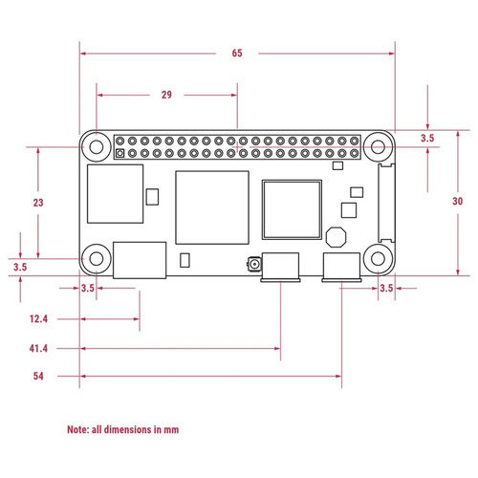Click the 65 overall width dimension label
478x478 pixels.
237,54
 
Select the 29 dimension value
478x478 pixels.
166,95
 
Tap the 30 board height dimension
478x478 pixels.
457,201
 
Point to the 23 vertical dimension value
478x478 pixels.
38,203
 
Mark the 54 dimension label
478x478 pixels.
38,377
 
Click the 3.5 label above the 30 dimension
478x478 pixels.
427,139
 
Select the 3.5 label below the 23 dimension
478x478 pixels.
19,268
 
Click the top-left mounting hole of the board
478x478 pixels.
96,146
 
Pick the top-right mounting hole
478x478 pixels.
378,147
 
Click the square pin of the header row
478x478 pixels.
119,154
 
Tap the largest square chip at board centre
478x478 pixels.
212,203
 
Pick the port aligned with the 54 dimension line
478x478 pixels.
341,267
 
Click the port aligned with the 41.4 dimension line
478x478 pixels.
280,267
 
